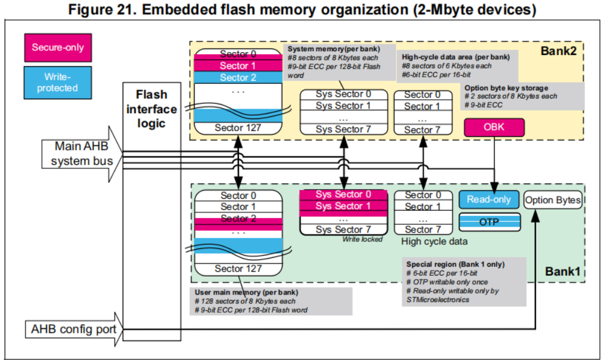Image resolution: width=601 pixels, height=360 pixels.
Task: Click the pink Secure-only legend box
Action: tap(58, 47)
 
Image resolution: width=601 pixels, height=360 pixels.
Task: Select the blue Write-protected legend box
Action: tap(58, 83)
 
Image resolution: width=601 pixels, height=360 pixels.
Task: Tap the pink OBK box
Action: tap(494, 126)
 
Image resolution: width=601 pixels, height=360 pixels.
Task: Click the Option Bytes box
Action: tap(552, 200)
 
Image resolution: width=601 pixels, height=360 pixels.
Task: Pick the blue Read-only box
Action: tap(489, 199)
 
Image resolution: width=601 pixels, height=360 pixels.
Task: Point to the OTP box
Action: tap(490, 221)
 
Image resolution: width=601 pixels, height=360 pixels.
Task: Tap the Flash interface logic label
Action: tap(152, 109)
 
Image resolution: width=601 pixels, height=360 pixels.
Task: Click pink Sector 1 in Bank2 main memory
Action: tap(238, 66)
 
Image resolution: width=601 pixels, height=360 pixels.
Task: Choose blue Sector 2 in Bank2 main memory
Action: tap(238, 77)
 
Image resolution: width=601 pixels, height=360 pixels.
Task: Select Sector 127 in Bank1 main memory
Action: tap(238, 269)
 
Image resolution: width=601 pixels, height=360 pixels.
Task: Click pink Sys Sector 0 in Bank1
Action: tap(343, 194)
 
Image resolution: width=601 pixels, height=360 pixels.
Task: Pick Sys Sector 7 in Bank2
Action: tap(343, 129)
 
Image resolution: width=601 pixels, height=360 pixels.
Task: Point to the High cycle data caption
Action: tap(434, 241)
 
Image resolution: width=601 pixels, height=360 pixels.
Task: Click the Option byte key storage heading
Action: tap(506, 88)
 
